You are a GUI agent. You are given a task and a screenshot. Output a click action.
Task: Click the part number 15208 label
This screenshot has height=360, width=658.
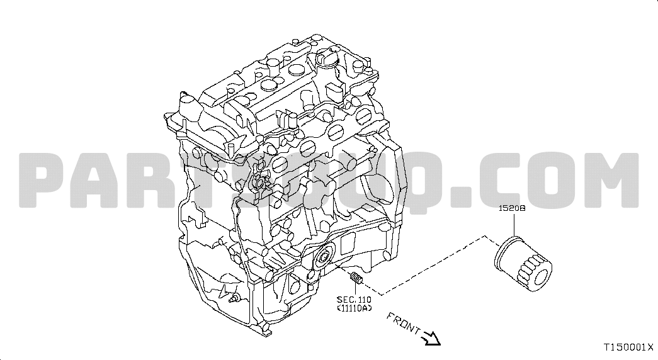511,208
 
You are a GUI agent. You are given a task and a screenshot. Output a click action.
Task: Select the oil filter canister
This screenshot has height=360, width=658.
523,265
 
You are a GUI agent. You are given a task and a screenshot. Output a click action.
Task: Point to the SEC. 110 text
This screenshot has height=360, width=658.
354,300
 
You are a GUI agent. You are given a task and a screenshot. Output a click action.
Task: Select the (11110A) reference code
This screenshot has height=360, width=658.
354,308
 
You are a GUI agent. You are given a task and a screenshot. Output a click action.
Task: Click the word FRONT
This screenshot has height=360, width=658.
403,323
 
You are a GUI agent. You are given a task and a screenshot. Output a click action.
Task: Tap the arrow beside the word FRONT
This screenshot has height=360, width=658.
431,337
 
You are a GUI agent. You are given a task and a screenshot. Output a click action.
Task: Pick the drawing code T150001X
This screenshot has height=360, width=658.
628,347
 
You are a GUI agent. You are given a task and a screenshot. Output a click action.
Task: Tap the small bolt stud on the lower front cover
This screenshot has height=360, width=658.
234,299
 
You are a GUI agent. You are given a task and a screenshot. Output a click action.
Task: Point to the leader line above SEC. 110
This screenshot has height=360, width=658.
356,289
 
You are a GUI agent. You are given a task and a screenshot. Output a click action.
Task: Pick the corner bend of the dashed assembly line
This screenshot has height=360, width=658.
485,237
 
